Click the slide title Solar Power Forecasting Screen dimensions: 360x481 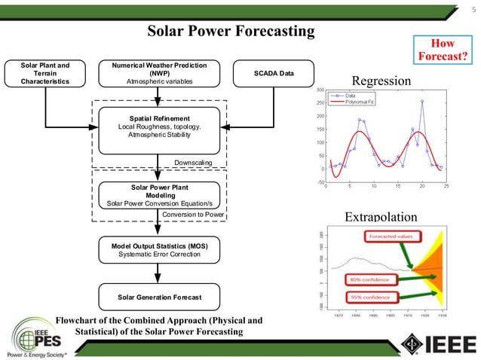[230, 32]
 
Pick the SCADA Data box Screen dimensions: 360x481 [273, 73]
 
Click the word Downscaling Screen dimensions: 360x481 [193, 162]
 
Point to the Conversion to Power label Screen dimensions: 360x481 [193, 215]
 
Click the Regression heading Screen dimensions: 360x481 [383, 81]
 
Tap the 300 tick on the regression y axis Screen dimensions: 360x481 [320, 90]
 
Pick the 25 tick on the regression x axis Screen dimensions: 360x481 [446, 185]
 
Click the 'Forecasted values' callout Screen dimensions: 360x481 [391, 236]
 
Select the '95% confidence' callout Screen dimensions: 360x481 [372, 297]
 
